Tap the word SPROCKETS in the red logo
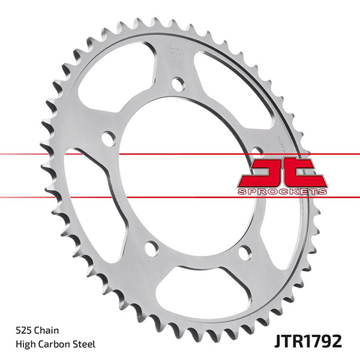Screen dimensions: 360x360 pyautogui.click(x=283, y=190)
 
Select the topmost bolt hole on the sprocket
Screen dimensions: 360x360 pyautogui.click(x=178, y=84)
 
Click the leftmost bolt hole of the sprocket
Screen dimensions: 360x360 pyautogui.click(x=108, y=139)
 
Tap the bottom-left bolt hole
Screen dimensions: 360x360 pyautogui.click(x=152, y=247)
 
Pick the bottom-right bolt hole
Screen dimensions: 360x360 pyautogui.click(x=245, y=252)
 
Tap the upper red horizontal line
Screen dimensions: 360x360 pyautogui.click(x=60, y=154)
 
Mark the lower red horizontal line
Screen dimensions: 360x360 pyautogui.click(x=60, y=197)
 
